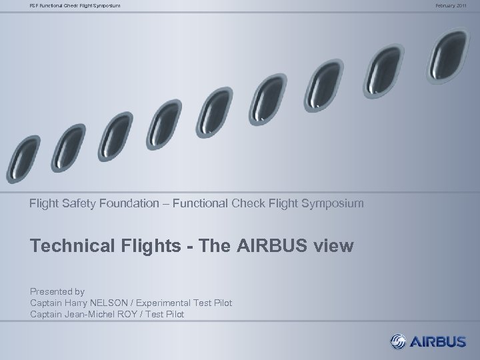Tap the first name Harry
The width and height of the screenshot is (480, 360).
tap(76, 303)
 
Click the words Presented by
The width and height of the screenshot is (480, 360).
tap(57, 291)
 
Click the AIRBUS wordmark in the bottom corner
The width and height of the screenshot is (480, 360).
tap(437, 342)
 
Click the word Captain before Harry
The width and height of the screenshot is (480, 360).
tap(46, 303)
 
